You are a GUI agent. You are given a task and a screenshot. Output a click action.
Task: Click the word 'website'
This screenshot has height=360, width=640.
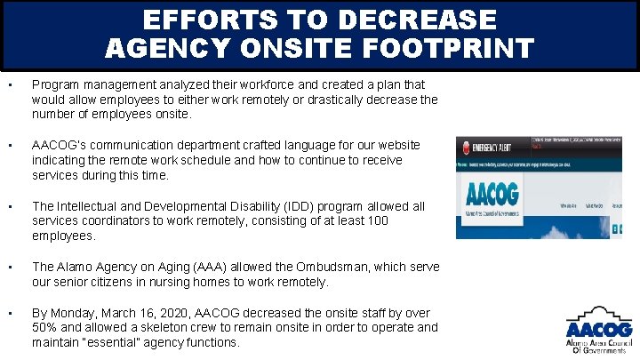pos(396,145)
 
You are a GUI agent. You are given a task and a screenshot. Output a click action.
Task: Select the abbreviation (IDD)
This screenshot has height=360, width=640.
pos(254,206)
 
